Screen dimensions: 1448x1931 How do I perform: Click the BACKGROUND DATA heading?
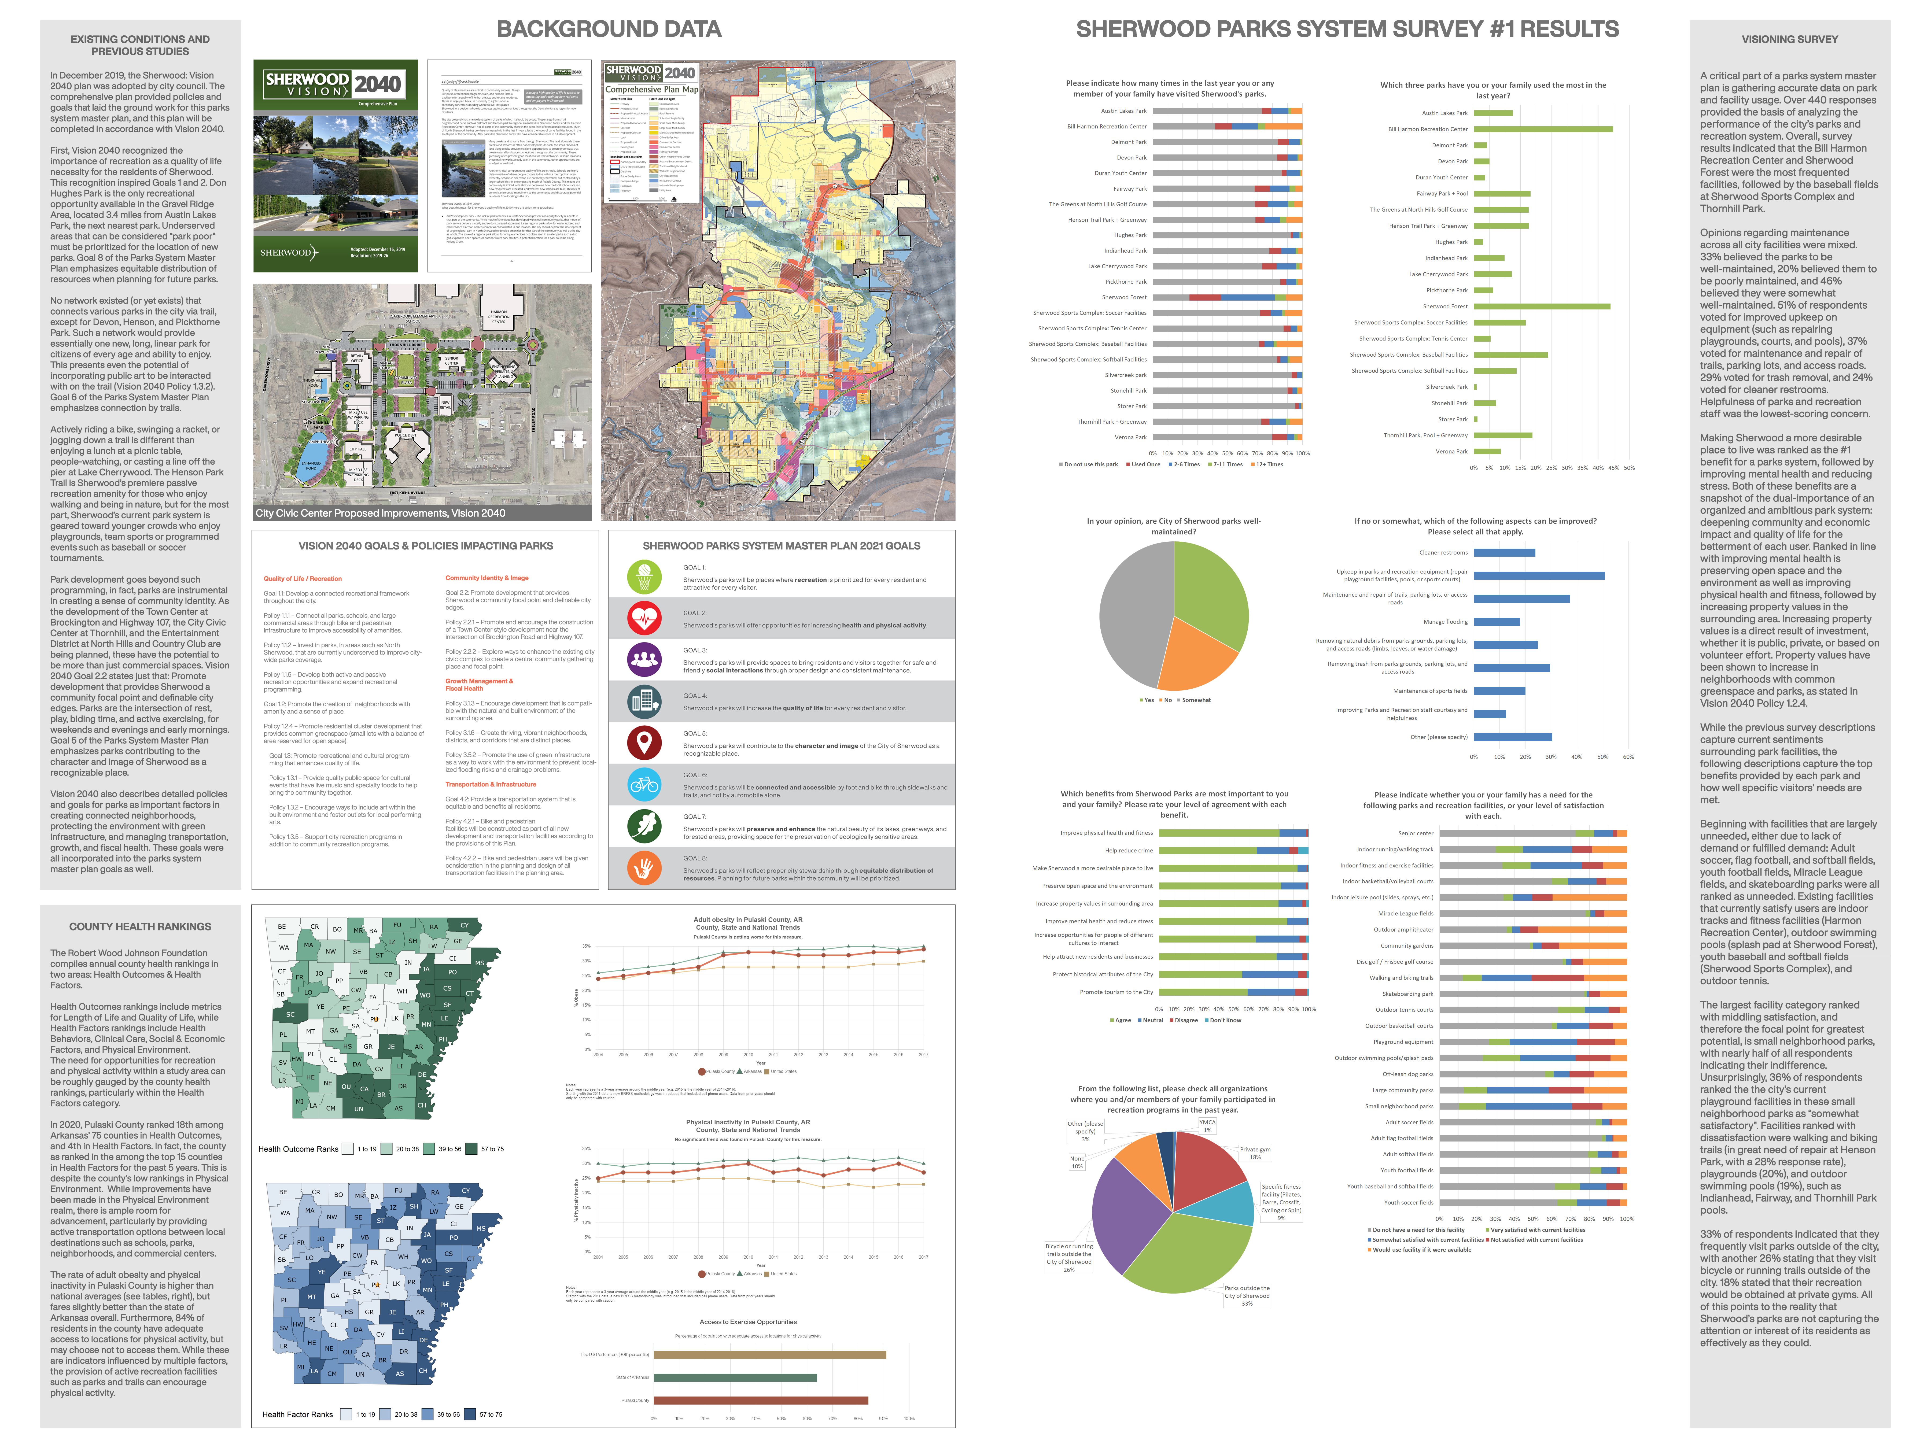(x=609, y=30)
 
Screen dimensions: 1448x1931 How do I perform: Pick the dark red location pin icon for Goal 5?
(x=644, y=743)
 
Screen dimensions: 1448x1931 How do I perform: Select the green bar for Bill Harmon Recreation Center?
(x=1543, y=129)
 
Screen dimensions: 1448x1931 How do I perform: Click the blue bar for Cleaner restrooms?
(x=1504, y=552)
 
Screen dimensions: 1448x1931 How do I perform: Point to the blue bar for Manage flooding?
(x=1496, y=622)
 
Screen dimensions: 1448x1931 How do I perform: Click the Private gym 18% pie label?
(x=1254, y=1153)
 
